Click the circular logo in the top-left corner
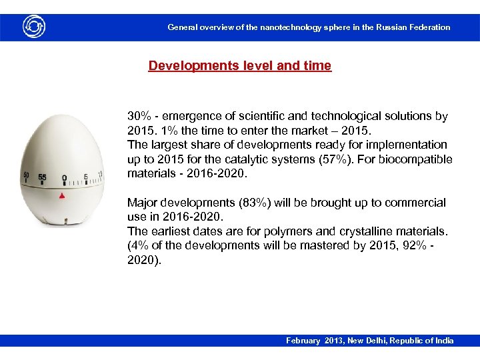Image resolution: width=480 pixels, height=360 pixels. pos(33,27)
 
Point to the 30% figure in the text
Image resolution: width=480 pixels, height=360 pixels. pos(139,116)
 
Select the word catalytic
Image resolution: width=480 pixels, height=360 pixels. pos(261,159)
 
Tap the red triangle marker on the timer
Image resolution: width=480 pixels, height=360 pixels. pos(62,196)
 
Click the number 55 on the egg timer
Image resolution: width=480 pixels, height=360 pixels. pos(42,177)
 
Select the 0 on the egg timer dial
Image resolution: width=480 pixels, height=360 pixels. pos(64,178)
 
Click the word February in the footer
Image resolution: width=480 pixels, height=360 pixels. pos(304,341)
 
